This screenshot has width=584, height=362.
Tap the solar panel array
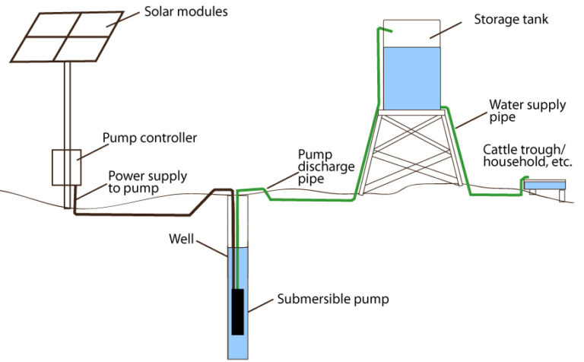point(68,37)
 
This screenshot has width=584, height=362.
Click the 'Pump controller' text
point(150,138)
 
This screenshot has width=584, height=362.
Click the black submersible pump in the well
point(238,311)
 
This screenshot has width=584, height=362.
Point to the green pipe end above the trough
point(523,181)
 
